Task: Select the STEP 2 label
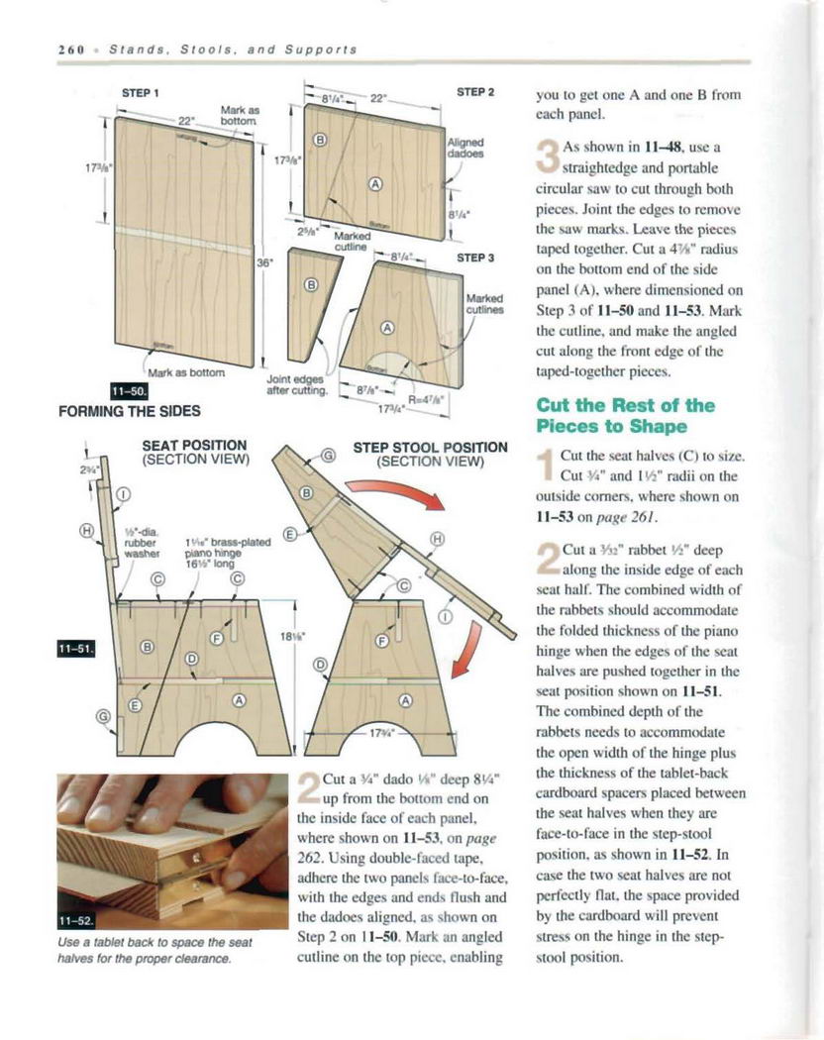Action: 475,91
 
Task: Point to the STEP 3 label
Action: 475,257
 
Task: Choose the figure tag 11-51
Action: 76,649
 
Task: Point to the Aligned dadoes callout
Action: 465,148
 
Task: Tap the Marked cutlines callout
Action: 484,302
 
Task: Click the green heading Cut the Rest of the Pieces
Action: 625,416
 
